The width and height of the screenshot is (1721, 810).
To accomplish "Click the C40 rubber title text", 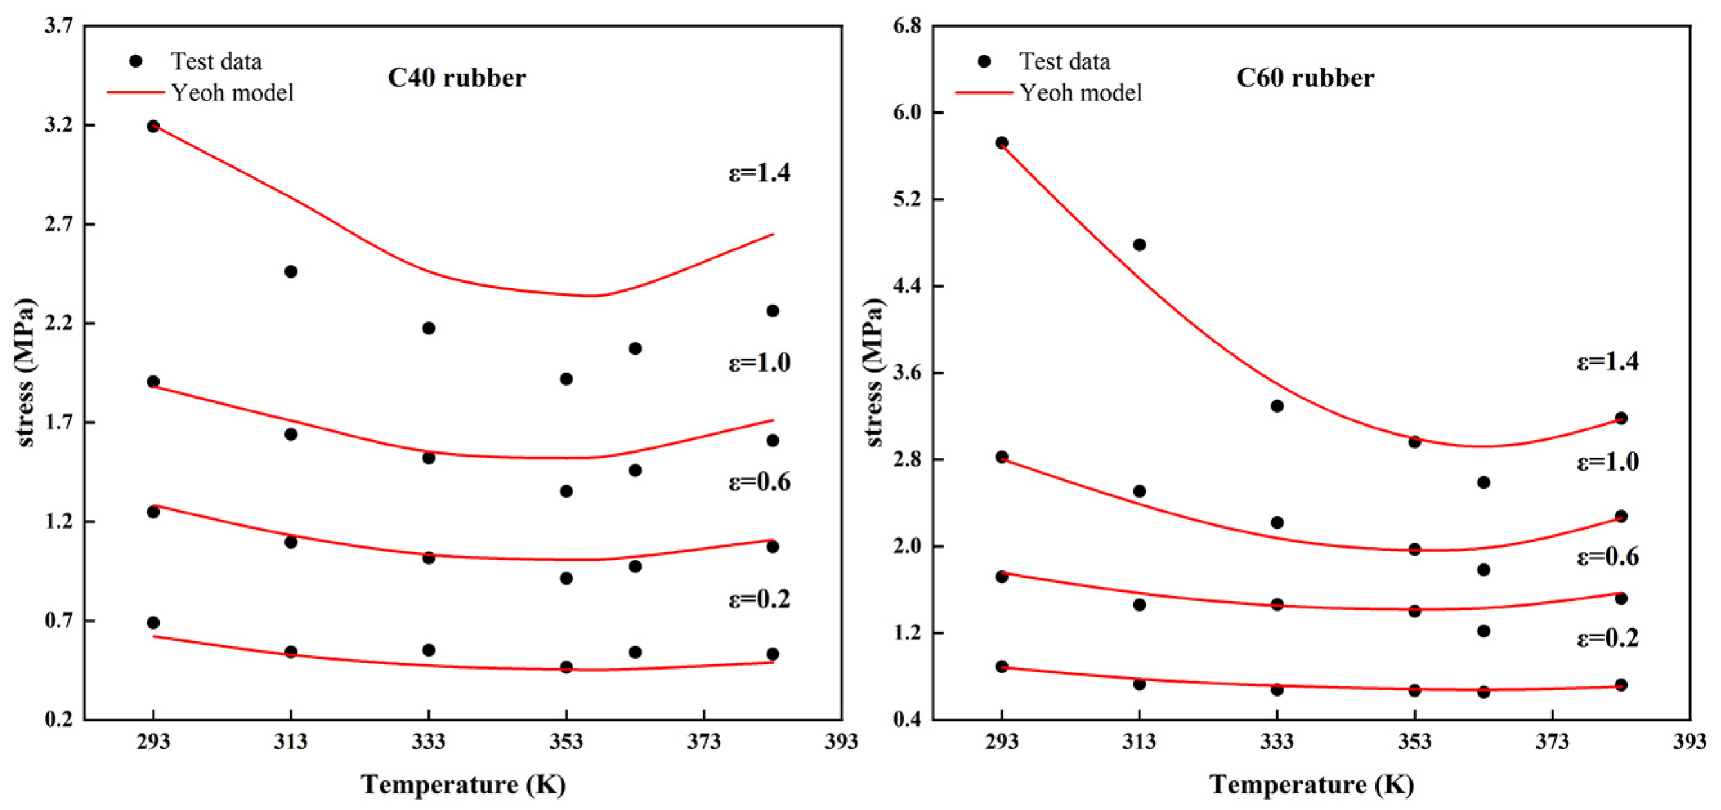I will tap(456, 78).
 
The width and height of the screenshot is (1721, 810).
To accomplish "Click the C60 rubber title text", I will tap(1305, 78).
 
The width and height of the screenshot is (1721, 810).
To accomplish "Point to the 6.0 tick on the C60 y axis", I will tap(907, 112).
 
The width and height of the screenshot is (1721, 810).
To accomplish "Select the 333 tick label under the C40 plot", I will tap(428, 742).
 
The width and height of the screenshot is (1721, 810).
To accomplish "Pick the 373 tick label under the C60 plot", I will tap(1552, 742).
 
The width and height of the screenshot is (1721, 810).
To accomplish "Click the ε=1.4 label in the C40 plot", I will tap(759, 173).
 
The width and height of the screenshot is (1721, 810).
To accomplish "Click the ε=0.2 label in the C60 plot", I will tap(1608, 638).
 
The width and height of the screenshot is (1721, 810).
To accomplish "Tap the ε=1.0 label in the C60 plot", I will tap(1608, 462).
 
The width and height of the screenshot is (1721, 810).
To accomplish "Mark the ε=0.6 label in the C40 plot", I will tap(759, 482).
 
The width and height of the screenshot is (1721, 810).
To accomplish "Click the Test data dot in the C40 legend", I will tap(136, 61).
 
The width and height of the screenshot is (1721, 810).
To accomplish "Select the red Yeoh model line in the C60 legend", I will tap(983, 92).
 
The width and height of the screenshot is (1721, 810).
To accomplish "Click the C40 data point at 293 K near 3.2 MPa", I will tap(153, 126).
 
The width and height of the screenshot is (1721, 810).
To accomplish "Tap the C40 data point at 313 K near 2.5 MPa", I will tap(291, 271).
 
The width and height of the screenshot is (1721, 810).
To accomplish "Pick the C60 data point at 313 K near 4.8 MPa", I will tap(1139, 245).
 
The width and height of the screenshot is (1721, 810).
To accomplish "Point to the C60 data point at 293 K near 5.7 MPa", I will tap(1001, 142).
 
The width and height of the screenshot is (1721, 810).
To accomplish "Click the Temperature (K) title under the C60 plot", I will tap(1312, 784).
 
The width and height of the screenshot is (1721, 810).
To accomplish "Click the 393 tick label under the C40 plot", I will tap(841, 742).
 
